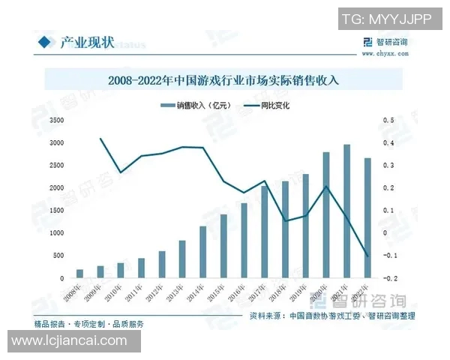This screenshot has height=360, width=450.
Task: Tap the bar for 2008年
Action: point(79,274)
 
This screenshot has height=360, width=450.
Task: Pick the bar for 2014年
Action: point(202,252)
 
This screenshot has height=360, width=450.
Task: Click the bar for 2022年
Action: point(367,217)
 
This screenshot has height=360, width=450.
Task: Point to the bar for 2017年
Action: point(264,232)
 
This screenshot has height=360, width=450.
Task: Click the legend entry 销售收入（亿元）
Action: point(200,106)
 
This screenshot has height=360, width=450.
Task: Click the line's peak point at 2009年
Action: point(100,139)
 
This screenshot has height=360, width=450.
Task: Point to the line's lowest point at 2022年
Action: point(367,256)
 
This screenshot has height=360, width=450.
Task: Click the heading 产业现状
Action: point(86,43)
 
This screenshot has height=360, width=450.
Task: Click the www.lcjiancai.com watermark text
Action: point(70,340)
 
